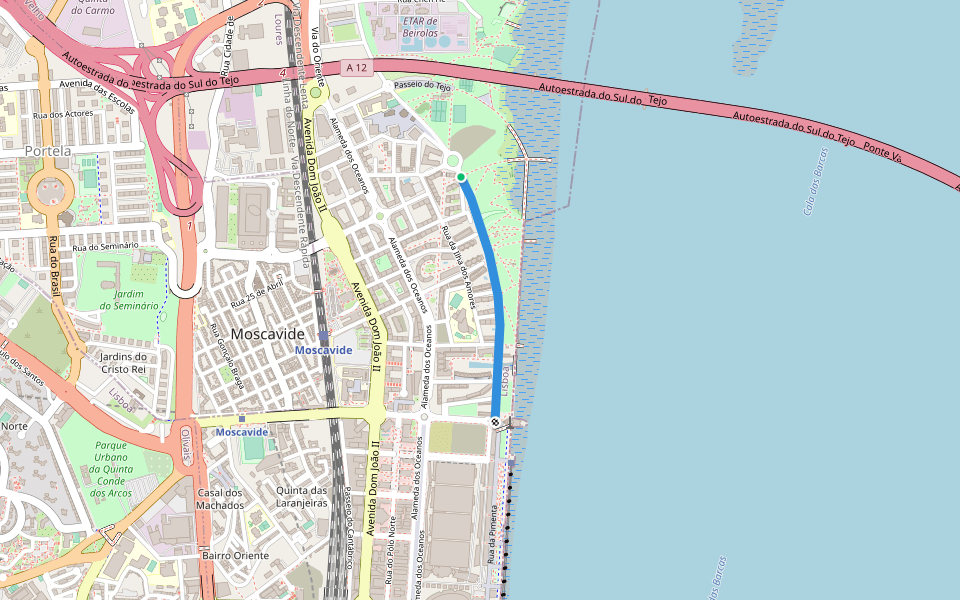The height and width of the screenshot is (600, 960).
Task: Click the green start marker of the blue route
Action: [461, 177]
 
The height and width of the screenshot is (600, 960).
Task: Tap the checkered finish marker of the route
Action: [495, 422]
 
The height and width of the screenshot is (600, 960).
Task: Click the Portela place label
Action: [47, 151]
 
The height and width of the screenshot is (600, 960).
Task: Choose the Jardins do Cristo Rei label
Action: [123, 362]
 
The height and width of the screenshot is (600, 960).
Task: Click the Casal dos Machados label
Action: [220, 499]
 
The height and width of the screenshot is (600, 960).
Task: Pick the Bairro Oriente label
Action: [237, 555]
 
